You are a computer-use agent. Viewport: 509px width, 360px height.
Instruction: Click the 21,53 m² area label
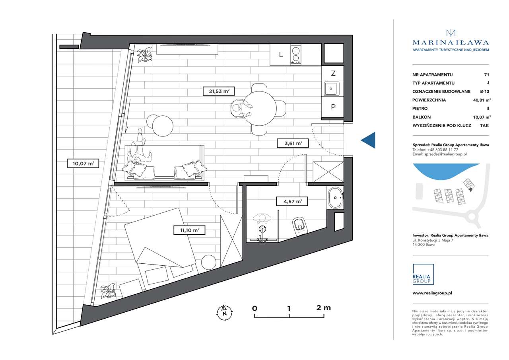[219, 91]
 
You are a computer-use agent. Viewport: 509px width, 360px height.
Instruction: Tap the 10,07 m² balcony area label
[83, 163]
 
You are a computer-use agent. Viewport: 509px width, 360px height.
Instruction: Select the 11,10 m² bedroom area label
[189, 230]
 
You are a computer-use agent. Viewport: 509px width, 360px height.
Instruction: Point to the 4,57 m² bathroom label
[292, 201]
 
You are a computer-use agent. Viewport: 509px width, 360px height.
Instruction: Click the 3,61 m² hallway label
[293, 144]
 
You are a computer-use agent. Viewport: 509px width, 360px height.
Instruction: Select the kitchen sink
[332, 89]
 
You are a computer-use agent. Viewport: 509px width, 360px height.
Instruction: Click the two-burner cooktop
[295, 54]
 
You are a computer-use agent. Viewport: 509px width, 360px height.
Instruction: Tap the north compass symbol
[225, 313]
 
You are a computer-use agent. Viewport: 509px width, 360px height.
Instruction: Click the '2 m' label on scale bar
[323, 308]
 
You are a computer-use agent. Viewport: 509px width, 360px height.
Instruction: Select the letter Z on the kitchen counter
[333, 73]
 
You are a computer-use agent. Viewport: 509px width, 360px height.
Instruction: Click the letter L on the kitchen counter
[281, 54]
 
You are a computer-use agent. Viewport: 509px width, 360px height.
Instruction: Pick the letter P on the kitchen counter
[333, 107]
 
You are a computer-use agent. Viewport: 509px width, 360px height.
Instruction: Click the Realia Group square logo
[423, 274]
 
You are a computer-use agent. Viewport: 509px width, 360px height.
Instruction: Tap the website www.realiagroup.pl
[432, 293]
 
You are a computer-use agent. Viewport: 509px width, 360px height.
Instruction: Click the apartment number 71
[486, 74]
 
